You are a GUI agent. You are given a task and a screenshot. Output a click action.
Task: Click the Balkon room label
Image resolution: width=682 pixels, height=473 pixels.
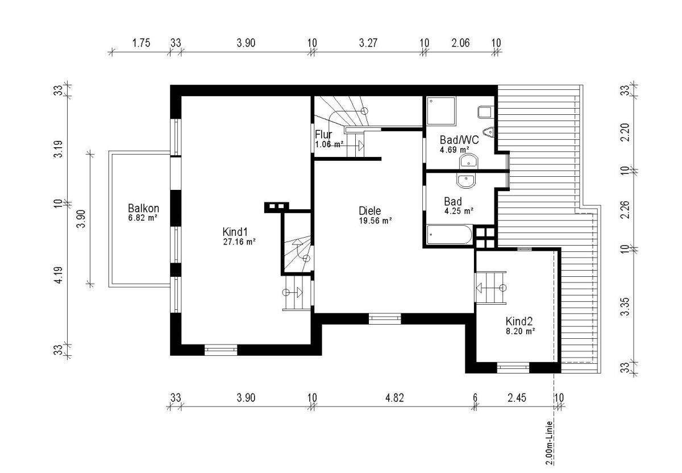tap(143, 208)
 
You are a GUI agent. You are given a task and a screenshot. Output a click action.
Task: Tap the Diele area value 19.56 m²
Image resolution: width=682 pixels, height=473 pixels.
tap(375, 221)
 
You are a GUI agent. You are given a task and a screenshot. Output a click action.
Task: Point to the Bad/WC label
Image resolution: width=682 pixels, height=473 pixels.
tap(459, 139)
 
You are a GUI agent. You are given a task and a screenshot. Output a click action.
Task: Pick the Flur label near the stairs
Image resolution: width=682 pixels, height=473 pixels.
tap(324, 135)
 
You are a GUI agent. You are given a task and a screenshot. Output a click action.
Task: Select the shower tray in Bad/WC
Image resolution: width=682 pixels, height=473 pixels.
tap(441, 110)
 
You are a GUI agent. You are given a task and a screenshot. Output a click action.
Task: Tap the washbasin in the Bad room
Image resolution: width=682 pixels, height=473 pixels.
tap(466, 181)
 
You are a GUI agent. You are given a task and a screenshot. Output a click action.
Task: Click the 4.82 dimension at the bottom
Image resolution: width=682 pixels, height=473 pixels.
tap(394, 397)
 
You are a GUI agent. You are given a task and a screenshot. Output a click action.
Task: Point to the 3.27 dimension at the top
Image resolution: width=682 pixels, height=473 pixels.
tap(368, 43)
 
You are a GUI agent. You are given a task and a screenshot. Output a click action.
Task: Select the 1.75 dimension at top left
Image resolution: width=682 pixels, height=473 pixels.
tap(141, 43)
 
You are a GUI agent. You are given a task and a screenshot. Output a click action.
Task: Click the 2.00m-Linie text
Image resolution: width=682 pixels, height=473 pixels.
tap(550, 443)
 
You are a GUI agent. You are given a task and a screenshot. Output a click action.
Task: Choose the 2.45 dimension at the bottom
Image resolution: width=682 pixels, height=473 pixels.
tap(516, 397)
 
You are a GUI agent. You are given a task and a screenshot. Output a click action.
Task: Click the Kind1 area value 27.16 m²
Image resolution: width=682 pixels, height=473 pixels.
tap(239, 242)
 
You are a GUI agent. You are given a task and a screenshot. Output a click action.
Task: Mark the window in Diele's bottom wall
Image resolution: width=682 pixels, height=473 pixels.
tap(385, 318)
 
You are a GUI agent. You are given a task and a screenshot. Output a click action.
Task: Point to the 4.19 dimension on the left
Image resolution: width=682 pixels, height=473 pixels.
tap(58, 275)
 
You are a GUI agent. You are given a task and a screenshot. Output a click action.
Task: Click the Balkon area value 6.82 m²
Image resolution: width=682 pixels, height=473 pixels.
tap(143, 217)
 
